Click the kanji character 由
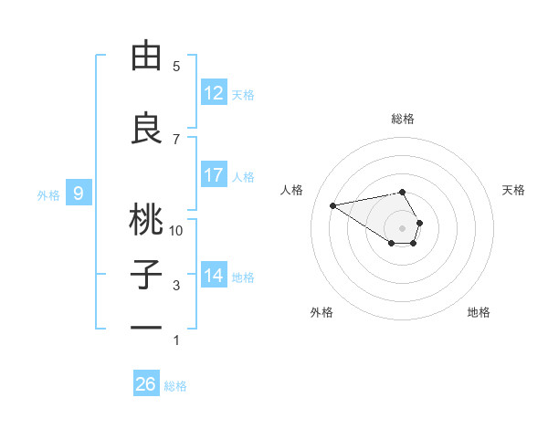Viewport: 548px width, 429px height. click(x=146, y=57)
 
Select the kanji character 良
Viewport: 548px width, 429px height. click(x=146, y=129)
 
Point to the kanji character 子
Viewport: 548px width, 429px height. click(x=146, y=274)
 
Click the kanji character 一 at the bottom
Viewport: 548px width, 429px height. click(x=146, y=326)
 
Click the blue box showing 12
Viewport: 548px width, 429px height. click(x=214, y=93)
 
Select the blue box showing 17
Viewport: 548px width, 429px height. click(x=214, y=175)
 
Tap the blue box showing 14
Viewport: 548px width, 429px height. click(x=214, y=276)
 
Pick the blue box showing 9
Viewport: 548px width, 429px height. click(x=79, y=194)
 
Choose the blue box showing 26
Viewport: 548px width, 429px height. click(x=146, y=384)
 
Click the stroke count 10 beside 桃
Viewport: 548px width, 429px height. click(x=176, y=231)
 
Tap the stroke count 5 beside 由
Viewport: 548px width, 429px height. click(x=176, y=67)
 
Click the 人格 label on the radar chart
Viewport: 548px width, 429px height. click(x=291, y=190)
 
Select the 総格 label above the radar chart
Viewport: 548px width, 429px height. click(x=402, y=119)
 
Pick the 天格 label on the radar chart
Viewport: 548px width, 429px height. click(x=513, y=190)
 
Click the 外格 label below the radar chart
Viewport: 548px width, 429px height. click(x=321, y=312)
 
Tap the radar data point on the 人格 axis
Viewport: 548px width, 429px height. click(x=333, y=204)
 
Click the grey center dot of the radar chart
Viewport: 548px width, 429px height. click(x=402, y=227)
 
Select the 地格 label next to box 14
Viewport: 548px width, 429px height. click(x=243, y=277)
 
